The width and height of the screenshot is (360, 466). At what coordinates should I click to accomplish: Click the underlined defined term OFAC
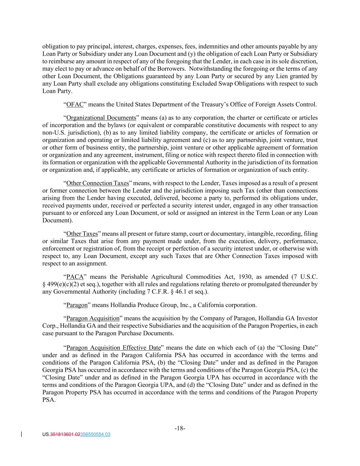pyautogui.click(x=75, y=104)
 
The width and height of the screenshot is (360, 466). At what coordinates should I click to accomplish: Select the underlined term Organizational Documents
pyautogui.click(x=101, y=118)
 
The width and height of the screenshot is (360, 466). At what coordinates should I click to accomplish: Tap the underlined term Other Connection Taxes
pyautogui.click(x=97, y=183)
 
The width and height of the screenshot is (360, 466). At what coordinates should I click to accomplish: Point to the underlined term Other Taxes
pyautogui.click(x=82, y=234)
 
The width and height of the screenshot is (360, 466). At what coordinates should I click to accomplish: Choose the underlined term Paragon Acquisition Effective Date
pyautogui.click(x=113, y=348)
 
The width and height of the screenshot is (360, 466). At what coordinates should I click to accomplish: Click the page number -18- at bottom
pyautogui.click(x=180, y=428)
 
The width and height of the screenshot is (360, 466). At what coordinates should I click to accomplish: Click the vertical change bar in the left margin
pyautogui.click(x=22, y=434)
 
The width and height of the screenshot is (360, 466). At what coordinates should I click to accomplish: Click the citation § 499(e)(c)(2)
pyautogui.click(x=60, y=284)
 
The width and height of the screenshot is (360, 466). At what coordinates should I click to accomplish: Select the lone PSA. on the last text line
pyautogui.click(x=49, y=400)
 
